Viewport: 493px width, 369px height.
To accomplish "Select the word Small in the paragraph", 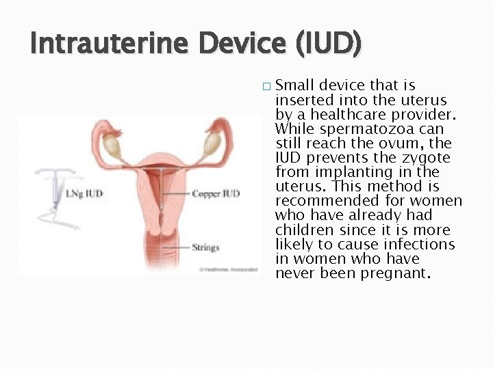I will tap(296, 85).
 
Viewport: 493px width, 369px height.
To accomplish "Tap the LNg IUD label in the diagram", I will tap(84, 193).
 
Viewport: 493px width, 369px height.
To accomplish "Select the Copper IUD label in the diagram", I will tap(216, 193).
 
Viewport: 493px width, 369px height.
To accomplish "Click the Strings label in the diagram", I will tap(205, 247).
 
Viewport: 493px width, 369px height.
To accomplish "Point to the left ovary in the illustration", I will tap(111, 144).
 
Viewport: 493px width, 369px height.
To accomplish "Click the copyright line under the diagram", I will tap(218, 269).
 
